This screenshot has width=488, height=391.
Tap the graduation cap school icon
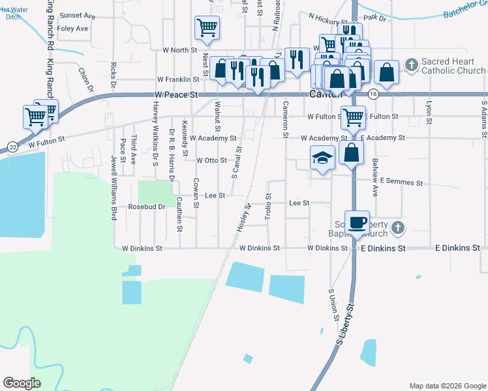pyautogui.click(x=322, y=158)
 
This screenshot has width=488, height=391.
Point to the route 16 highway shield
pyautogui.click(x=373, y=94)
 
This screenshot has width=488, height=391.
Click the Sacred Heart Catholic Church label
pyautogui.click(x=453, y=66)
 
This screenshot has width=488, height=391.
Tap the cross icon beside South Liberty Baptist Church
pyautogui.click(x=398, y=228)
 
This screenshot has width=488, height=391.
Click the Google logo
pyautogui.click(x=22, y=383)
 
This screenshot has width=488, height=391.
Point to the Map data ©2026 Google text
pyautogui.click(x=448, y=386)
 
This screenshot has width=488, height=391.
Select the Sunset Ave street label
pyautogui.click(x=77, y=16)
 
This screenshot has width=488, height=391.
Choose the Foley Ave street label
pyautogui.click(x=72, y=29)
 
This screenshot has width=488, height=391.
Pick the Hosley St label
pyautogui.click(x=244, y=218)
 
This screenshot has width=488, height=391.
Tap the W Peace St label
pyautogui.click(x=176, y=94)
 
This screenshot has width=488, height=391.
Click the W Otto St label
pyautogui.click(x=211, y=160)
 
